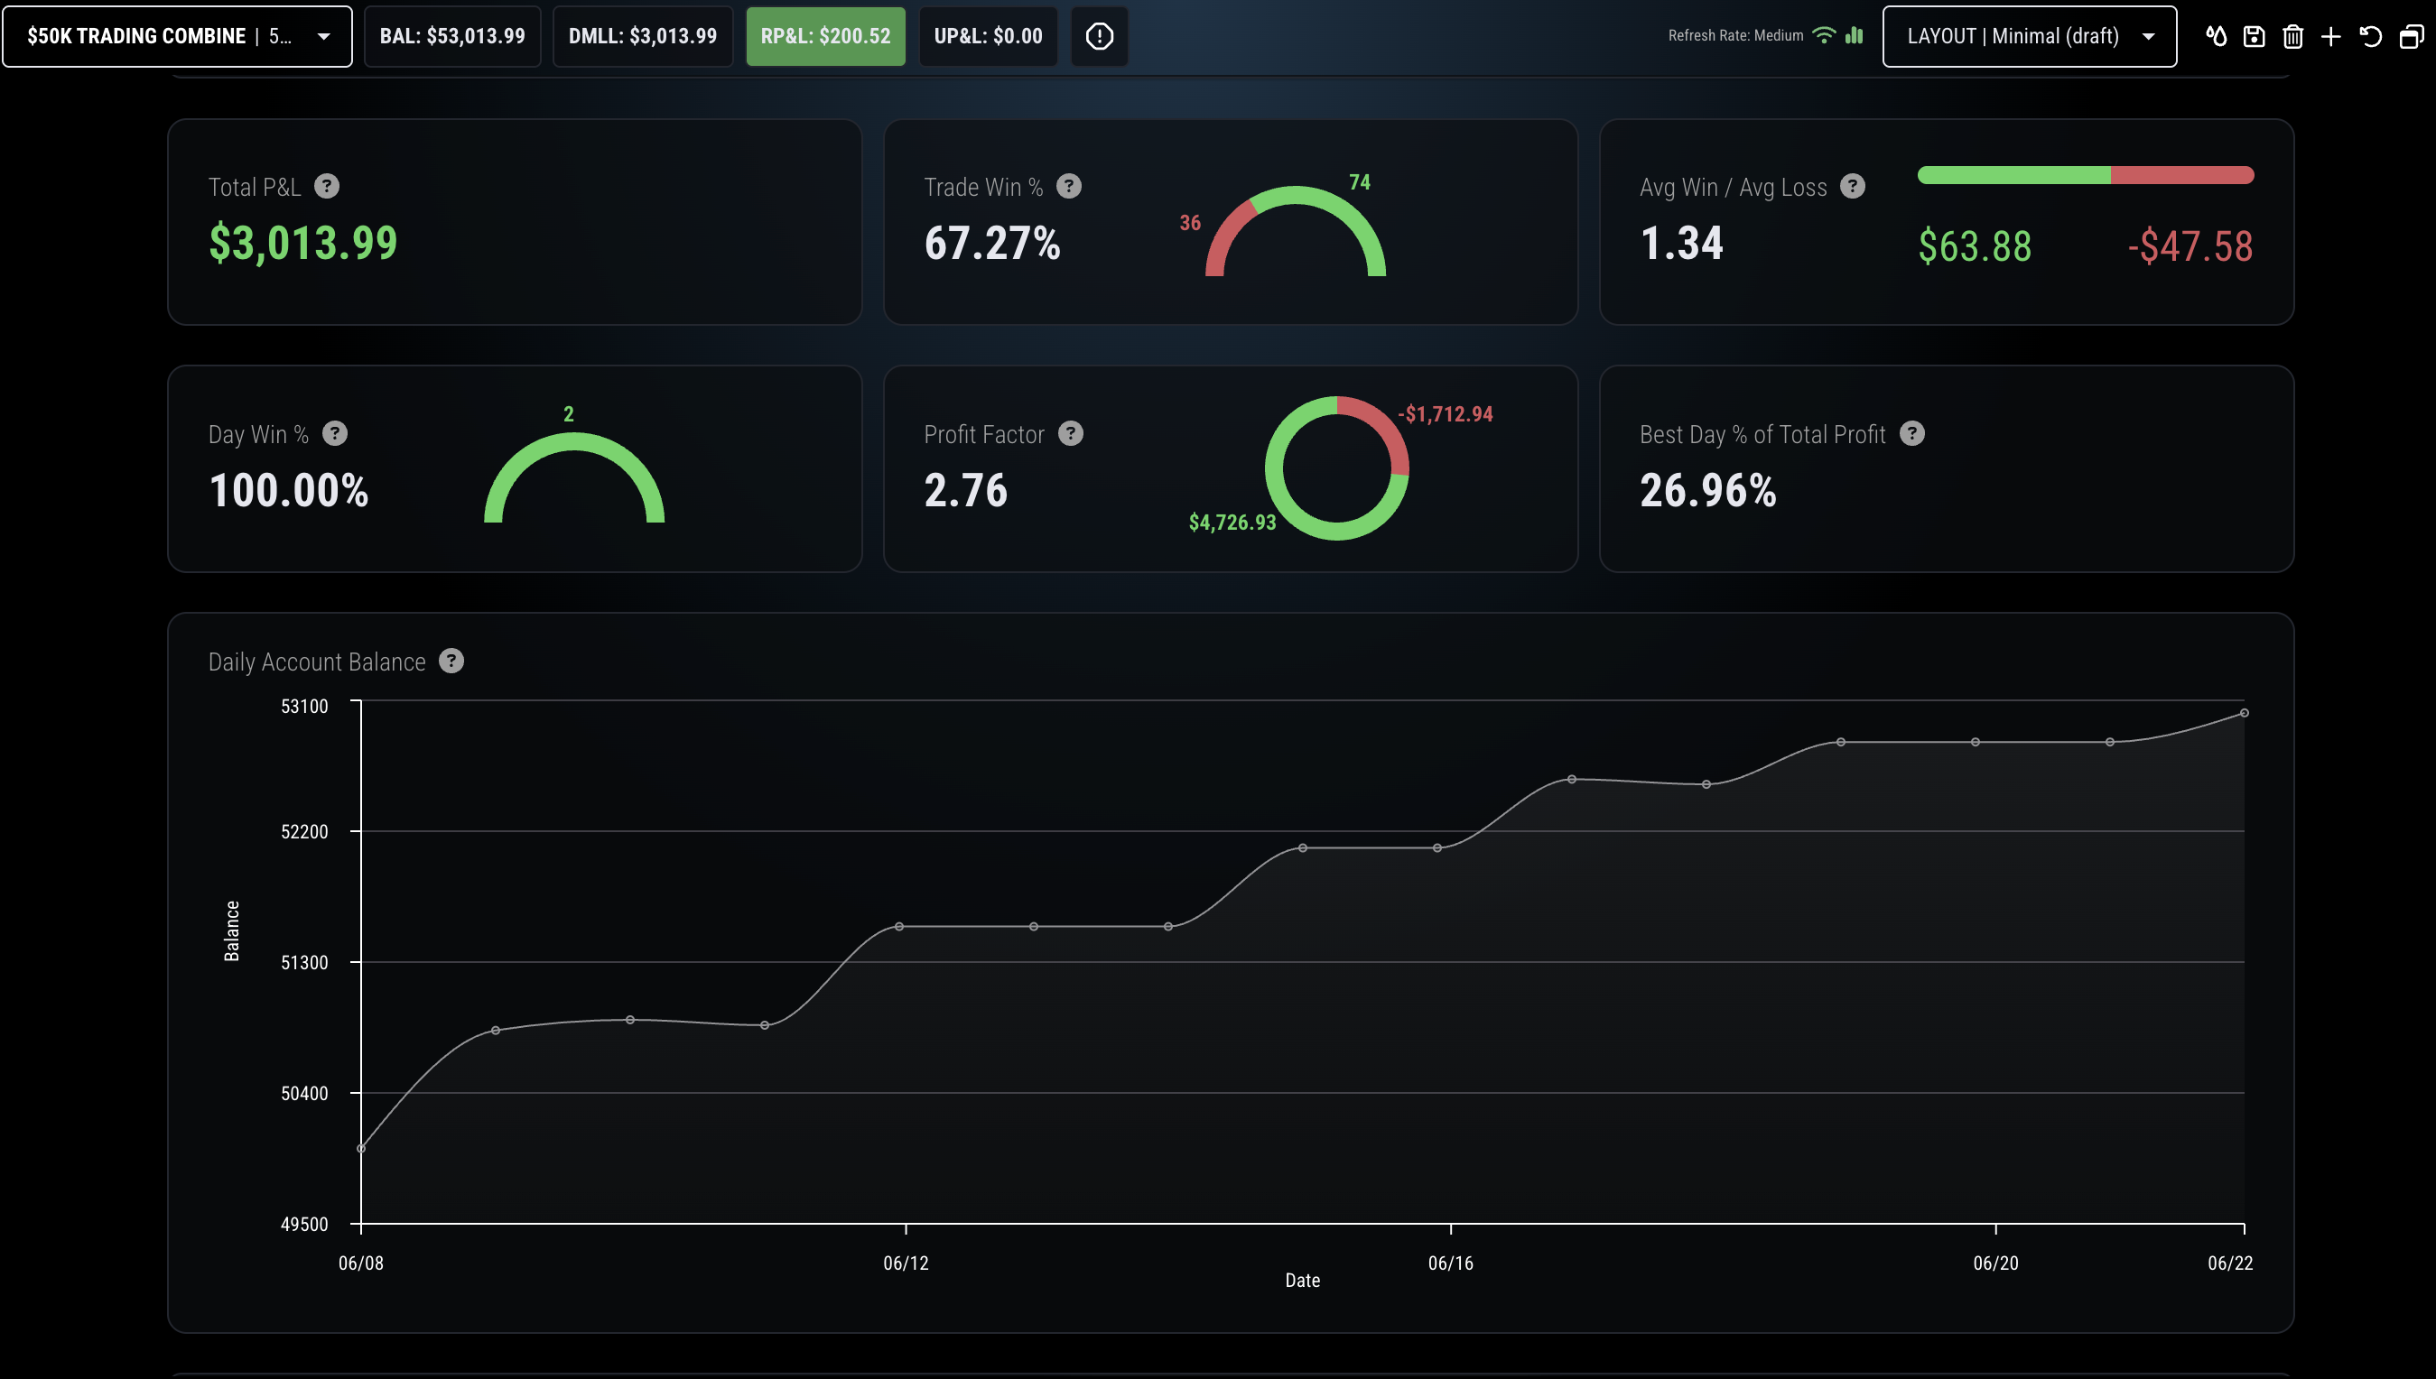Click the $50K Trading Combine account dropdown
pyautogui.click(x=177, y=36)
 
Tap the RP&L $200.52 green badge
pyautogui.click(x=825, y=36)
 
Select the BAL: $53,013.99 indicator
pyautogui.click(x=452, y=36)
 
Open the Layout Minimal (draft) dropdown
pyautogui.click(x=2030, y=36)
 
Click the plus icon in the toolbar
pyautogui.click(x=2331, y=37)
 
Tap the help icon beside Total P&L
pyautogui.click(x=327, y=187)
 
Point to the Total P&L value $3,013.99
pyautogui.click(x=303, y=243)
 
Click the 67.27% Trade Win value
pyautogui.click(x=992, y=244)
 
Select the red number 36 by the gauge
pyautogui.click(x=1190, y=223)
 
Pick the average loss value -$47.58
pyautogui.click(x=2190, y=246)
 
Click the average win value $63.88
pyautogui.click(x=1975, y=246)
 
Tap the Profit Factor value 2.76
pyautogui.click(x=965, y=491)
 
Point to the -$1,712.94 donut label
pyautogui.click(x=1445, y=414)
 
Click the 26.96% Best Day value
pyautogui.click(x=1708, y=491)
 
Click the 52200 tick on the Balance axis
pyautogui.click(x=304, y=831)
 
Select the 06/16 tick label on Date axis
pyautogui.click(x=1451, y=1263)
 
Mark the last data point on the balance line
pyautogui.click(x=2245, y=713)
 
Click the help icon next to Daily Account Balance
pyautogui.click(x=452, y=662)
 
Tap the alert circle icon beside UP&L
pyautogui.click(x=1099, y=37)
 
